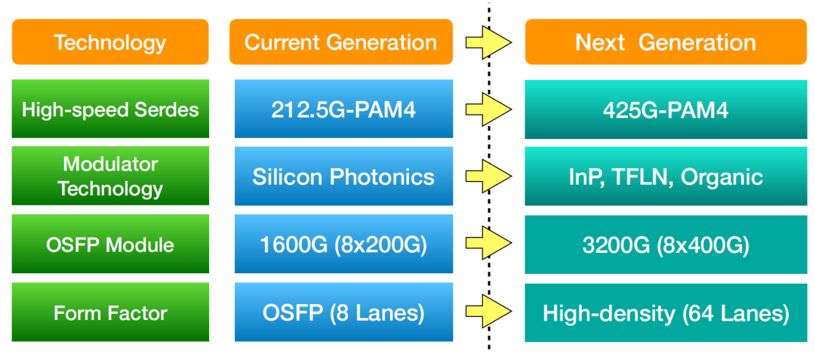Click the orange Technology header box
(110, 42)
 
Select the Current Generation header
(341, 42)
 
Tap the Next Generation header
(666, 42)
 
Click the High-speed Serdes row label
(110, 109)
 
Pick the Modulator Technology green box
(110, 177)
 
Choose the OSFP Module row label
(110, 245)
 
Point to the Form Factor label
(110, 312)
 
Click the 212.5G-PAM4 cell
(343, 109)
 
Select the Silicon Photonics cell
(343, 177)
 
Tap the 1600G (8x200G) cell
(343, 245)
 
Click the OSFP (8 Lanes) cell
(343, 312)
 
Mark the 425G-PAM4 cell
(666, 109)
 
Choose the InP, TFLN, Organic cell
(666, 177)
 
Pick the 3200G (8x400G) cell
(666, 245)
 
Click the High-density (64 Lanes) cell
(666, 312)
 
